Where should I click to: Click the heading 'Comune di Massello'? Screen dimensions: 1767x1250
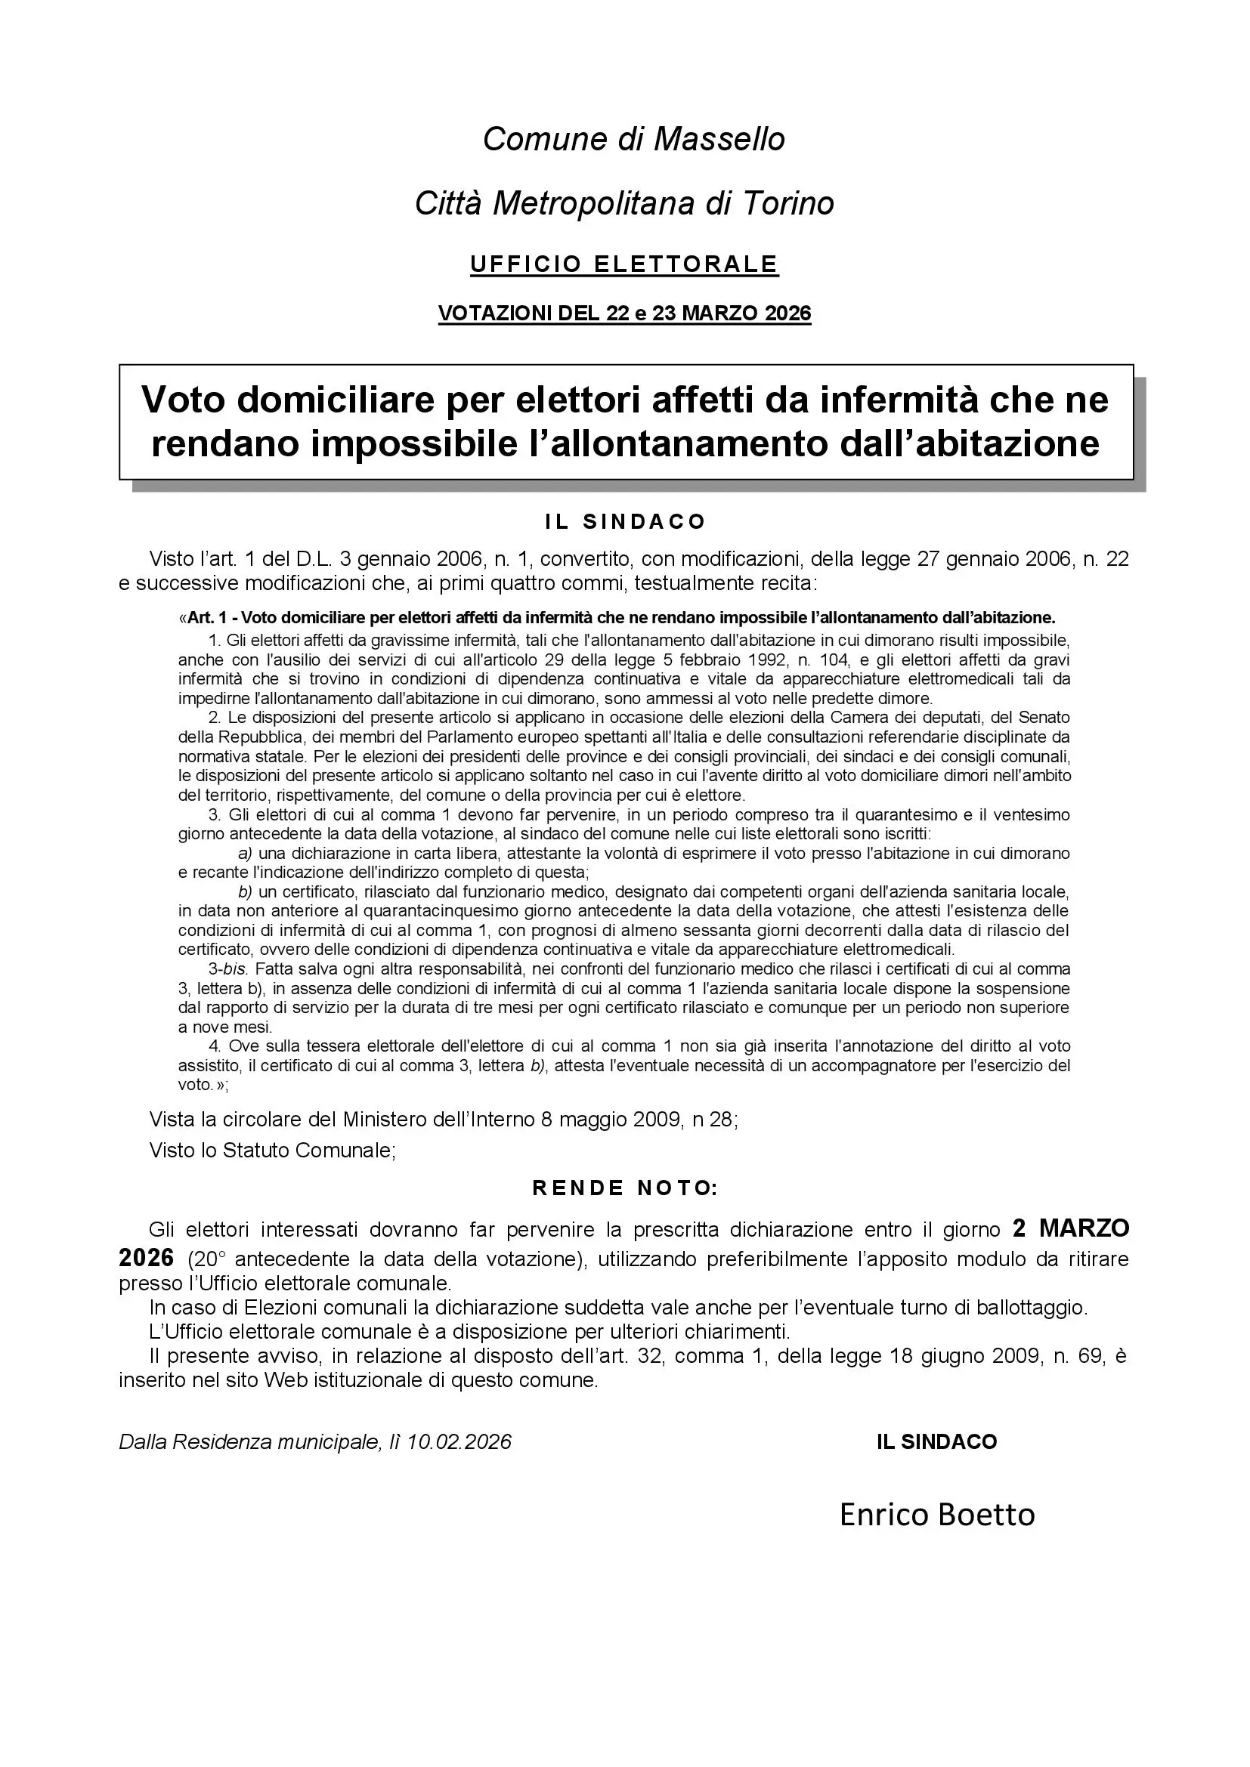(633, 139)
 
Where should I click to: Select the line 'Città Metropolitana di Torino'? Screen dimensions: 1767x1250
(624, 204)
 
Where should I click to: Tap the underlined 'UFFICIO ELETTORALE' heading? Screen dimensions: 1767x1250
(624, 264)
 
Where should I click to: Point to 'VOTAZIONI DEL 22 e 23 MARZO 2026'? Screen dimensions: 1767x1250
(624, 314)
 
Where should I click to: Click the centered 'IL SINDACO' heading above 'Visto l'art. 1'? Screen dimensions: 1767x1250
(625, 522)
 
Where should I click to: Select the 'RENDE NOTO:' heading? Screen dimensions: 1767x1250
(625, 1188)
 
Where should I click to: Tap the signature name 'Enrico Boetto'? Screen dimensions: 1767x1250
(936, 1515)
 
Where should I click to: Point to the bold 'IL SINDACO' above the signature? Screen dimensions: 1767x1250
(936, 1441)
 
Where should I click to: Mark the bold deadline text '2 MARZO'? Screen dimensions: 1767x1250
(1071, 1228)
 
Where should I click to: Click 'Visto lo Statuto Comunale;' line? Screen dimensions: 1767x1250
(273, 1151)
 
